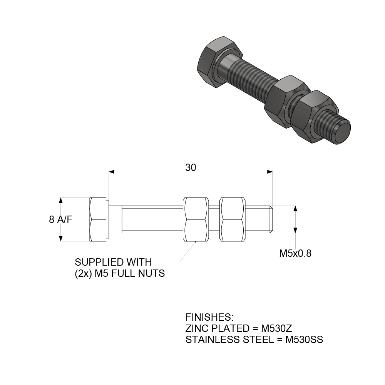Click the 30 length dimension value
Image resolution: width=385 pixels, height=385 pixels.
tap(191, 167)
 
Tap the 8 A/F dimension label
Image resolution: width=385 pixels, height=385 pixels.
tap(61, 219)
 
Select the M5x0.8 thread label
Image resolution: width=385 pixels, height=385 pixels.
tap(295, 253)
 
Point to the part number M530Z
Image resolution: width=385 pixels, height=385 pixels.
tap(276, 329)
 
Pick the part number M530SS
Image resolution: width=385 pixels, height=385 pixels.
tap(303, 340)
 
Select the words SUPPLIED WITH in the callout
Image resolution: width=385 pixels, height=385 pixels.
tap(113, 263)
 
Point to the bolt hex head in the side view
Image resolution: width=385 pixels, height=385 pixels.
tap(98, 219)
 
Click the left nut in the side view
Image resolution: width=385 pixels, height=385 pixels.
tap(196, 219)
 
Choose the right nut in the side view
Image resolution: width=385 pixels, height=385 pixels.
tap(233, 219)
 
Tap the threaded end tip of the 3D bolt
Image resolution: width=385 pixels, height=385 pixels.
tap(342, 132)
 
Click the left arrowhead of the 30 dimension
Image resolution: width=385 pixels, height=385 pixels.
tap(112, 172)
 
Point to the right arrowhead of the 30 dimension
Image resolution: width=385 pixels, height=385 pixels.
tap(270, 172)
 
